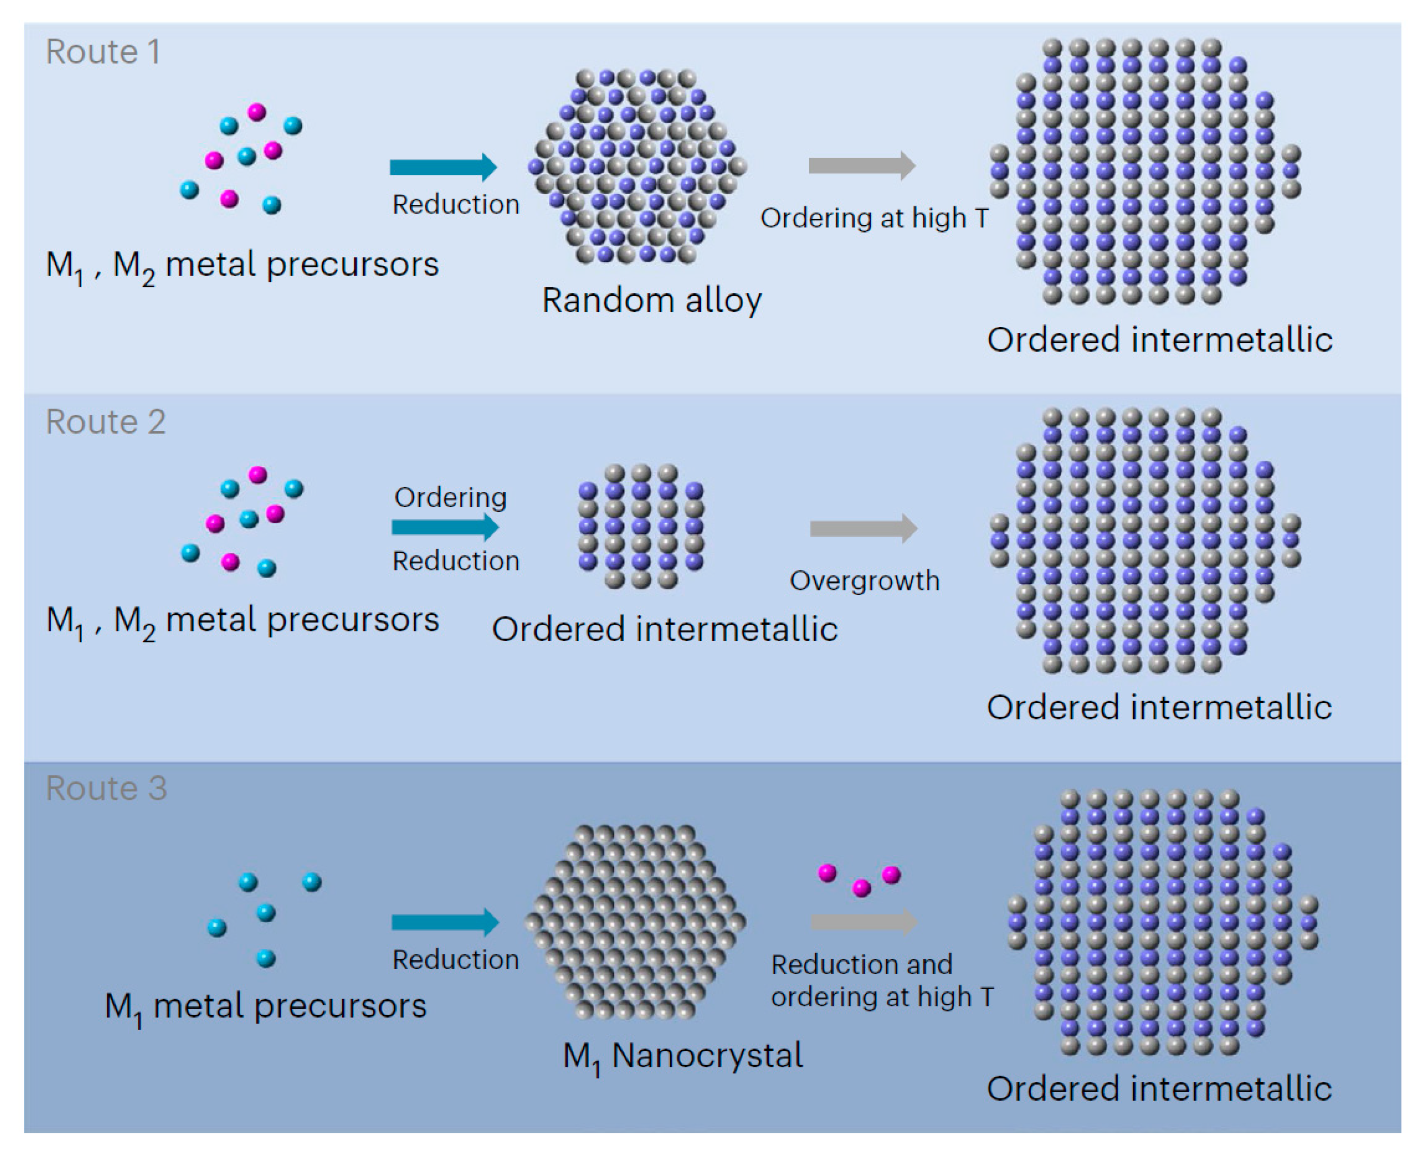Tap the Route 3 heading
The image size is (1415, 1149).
106,788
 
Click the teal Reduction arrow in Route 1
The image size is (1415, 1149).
443,167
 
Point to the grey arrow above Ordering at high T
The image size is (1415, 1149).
862,165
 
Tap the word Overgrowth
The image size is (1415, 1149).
864,581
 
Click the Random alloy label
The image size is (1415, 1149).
651,300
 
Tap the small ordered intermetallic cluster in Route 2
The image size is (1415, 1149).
641,527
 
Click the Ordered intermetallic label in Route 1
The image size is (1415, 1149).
1159,340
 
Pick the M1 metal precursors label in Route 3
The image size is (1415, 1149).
265,1007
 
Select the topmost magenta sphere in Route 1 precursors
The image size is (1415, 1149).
257,112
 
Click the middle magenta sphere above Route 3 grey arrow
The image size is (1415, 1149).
861,887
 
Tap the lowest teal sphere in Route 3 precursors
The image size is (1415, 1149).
265,958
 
